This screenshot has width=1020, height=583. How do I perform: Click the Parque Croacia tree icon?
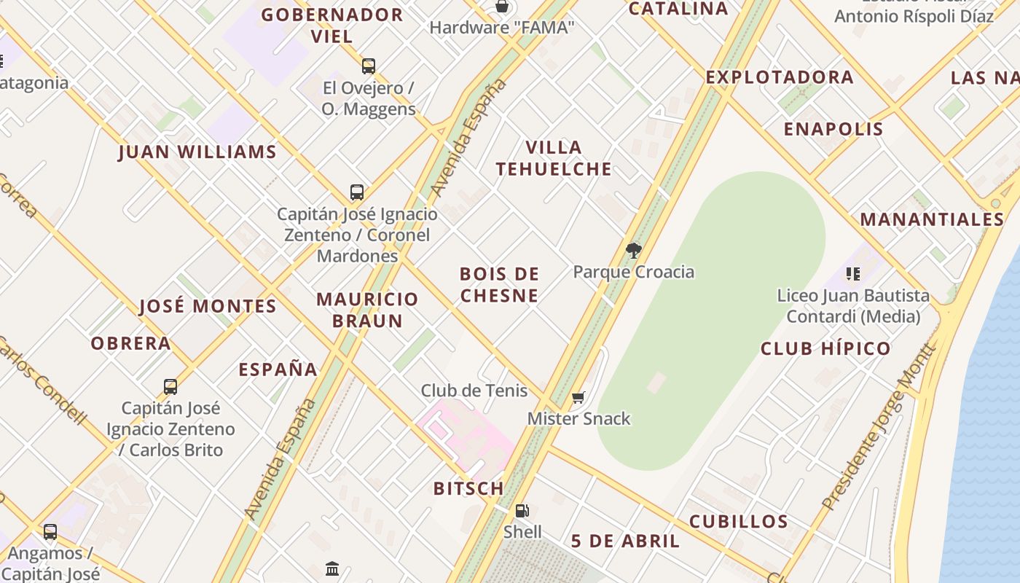coord(633,251)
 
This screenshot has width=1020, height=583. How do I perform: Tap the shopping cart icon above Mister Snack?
coord(578,398)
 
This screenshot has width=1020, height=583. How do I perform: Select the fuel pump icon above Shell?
coord(522,511)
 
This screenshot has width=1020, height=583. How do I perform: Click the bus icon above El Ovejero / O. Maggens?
coord(369,66)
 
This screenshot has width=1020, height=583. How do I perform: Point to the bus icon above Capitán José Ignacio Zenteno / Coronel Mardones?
coord(357,192)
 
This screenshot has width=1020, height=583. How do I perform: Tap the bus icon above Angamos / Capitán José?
coord(50,532)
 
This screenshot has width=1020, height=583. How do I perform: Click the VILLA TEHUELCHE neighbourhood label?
coord(554,158)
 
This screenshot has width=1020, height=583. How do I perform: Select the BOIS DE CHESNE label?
coord(500,285)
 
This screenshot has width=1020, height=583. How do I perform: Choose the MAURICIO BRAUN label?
coord(368,310)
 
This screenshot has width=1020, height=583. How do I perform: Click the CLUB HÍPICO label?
coord(825,349)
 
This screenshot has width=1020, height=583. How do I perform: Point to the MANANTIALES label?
coord(932,219)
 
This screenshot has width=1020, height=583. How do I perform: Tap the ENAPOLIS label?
coord(833,130)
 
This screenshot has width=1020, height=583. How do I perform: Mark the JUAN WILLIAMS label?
coord(197,152)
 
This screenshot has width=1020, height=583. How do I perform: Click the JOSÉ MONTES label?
coord(208,306)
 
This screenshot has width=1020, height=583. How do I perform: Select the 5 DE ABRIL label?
coord(625,541)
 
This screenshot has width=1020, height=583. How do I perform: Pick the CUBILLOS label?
coord(738,522)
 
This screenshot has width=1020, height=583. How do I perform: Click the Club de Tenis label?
coord(474,391)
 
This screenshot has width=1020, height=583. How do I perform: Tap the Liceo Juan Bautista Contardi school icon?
coord(852,274)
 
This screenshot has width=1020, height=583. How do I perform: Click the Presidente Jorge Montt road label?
coord(879,427)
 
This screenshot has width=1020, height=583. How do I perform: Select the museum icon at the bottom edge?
coord(333,568)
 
